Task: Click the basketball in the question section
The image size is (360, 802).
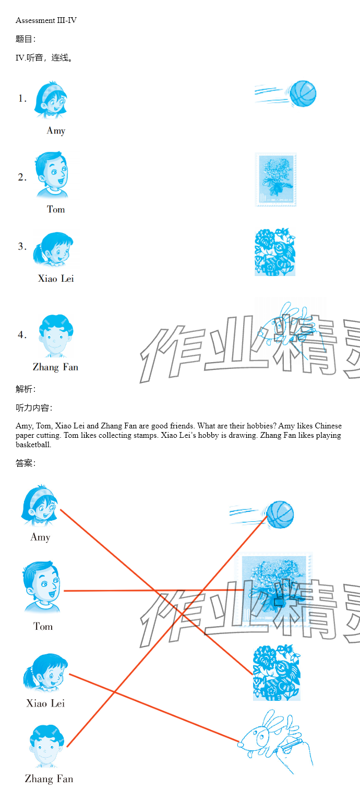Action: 303,93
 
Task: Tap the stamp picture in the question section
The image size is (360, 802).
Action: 275,179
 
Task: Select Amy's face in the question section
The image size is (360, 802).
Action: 51,100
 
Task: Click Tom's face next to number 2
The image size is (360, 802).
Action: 52,175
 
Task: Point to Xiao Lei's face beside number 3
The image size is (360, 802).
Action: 53,249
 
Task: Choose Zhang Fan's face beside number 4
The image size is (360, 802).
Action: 55,336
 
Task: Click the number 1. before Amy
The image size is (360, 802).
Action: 22,99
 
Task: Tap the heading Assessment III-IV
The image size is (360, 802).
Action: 46,20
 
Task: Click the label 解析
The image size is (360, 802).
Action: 26,389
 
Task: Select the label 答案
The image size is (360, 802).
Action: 26,463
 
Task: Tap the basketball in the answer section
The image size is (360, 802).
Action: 280,514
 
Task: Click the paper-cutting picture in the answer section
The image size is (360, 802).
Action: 277,673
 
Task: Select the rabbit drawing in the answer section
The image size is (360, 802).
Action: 275,741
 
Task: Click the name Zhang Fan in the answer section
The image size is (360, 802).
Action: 49,779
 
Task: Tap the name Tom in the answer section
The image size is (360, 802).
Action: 43,626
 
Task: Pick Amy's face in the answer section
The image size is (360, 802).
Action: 39,505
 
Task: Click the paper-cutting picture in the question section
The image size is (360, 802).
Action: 275,252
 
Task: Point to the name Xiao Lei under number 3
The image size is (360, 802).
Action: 56,279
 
